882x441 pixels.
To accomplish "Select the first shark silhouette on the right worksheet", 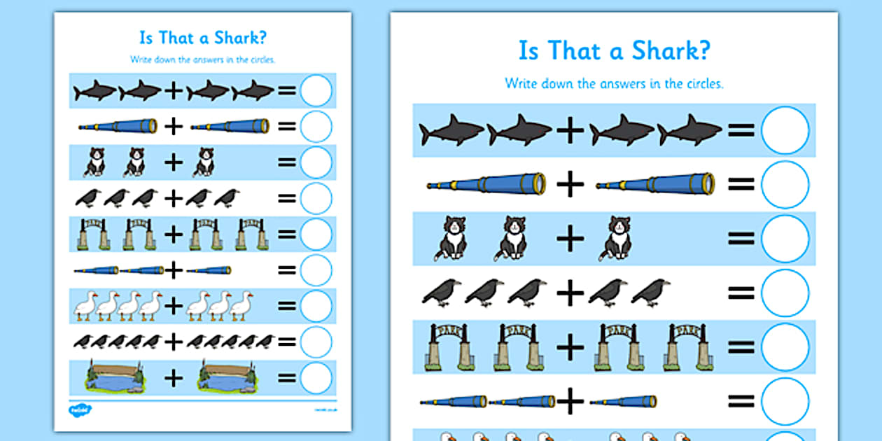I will tap(451, 131).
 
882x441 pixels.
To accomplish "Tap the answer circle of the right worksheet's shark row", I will tap(785, 130).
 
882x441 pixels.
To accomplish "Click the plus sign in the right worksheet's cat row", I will tap(570, 239).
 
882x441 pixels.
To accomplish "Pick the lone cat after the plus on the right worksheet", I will tap(617, 238).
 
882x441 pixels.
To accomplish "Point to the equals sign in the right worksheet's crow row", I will tap(741, 293).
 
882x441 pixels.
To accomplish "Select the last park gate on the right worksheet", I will tap(689, 346).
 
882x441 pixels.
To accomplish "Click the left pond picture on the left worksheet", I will tap(113, 377).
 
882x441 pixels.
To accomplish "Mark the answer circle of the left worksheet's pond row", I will tap(316, 377).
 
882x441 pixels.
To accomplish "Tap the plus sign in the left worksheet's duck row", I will tap(173, 305).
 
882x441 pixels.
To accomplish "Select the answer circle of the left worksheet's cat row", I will tap(316, 162).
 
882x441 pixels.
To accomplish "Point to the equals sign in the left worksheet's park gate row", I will tap(287, 234).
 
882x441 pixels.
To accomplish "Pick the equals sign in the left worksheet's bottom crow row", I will tap(287, 342).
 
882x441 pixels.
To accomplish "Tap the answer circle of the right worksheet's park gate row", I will tap(785, 346).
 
